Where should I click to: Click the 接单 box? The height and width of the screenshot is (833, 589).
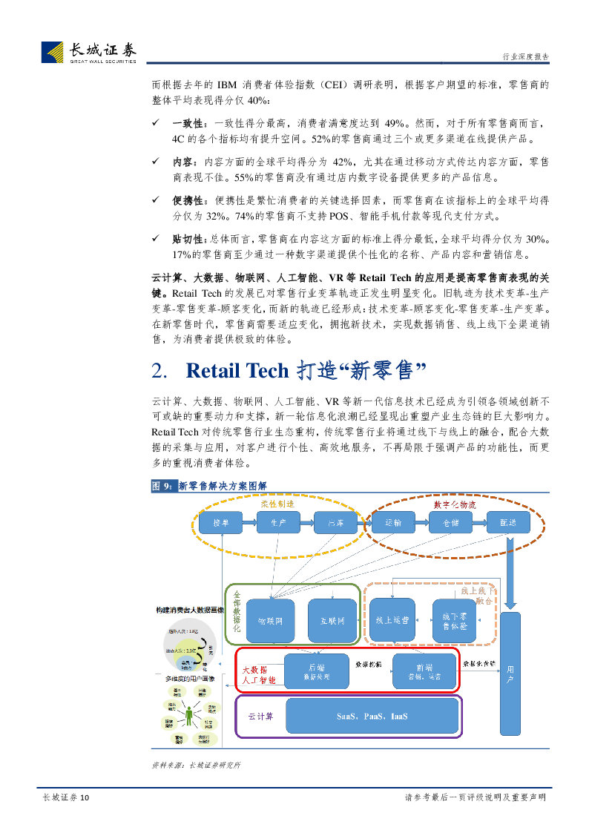coord(221,523)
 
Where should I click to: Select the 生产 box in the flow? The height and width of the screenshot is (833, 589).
coord(278,523)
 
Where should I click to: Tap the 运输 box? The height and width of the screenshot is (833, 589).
coord(393,523)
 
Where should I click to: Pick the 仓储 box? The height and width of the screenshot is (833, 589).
coord(450,523)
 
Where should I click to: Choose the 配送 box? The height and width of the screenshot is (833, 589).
coord(508,523)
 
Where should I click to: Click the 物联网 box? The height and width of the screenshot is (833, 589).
coord(270,620)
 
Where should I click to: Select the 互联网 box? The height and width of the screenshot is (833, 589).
coord(332,620)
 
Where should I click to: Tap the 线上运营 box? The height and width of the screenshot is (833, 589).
coord(392,619)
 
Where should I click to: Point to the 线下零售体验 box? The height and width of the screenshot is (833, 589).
coord(454,621)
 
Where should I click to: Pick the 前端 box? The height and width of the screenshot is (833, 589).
coord(424,671)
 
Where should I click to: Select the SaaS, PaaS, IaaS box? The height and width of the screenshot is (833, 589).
coord(372,717)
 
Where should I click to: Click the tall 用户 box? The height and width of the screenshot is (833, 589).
coord(510,674)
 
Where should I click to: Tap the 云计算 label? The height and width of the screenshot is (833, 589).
coord(260,717)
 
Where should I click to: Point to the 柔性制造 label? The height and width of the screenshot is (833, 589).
coord(276,504)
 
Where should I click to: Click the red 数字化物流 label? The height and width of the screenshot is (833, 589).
coord(454,504)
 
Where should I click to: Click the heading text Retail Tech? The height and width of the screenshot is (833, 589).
coord(237,371)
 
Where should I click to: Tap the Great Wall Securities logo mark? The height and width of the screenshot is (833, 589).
coord(52,53)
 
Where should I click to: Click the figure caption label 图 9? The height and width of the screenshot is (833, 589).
coord(162,486)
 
